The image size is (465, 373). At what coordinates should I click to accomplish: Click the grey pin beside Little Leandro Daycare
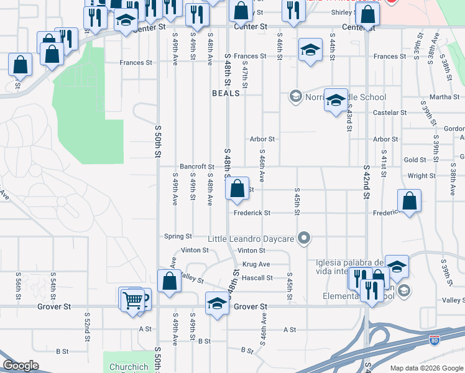(x=304, y=237)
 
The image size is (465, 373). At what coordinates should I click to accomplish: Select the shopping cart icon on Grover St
(x=132, y=300)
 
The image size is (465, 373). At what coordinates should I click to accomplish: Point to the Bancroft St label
(x=197, y=167)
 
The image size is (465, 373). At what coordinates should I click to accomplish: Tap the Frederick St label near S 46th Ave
(x=252, y=213)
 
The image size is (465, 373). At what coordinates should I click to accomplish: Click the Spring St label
(x=178, y=236)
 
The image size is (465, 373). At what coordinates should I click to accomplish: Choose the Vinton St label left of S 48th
(x=195, y=250)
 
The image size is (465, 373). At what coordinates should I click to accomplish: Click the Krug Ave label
(x=256, y=264)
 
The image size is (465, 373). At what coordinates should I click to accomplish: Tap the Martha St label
(x=444, y=97)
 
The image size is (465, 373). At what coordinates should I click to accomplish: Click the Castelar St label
(x=389, y=113)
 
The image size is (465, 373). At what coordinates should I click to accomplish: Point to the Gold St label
(x=415, y=160)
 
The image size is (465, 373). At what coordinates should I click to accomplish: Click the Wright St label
(x=421, y=176)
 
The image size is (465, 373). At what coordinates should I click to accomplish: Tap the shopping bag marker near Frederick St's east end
(x=409, y=201)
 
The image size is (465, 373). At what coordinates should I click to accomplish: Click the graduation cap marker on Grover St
(x=216, y=304)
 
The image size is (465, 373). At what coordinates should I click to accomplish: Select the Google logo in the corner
(x=21, y=366)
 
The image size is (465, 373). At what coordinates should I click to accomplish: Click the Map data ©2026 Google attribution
(x=426, y=368)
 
